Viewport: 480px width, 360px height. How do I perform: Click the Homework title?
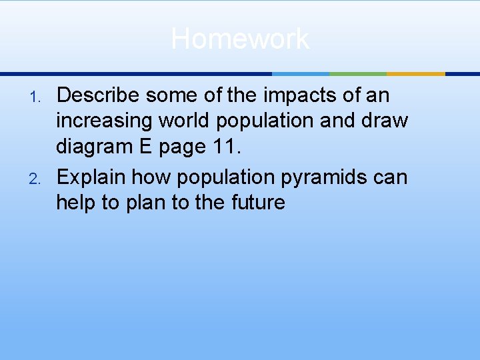point(240,39)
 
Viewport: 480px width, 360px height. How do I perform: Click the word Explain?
point(91,177)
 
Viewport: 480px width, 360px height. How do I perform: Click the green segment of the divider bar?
point(358,73)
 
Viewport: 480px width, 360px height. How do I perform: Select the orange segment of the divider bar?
point(415,73)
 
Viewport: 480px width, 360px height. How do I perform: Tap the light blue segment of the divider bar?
point(301,73)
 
